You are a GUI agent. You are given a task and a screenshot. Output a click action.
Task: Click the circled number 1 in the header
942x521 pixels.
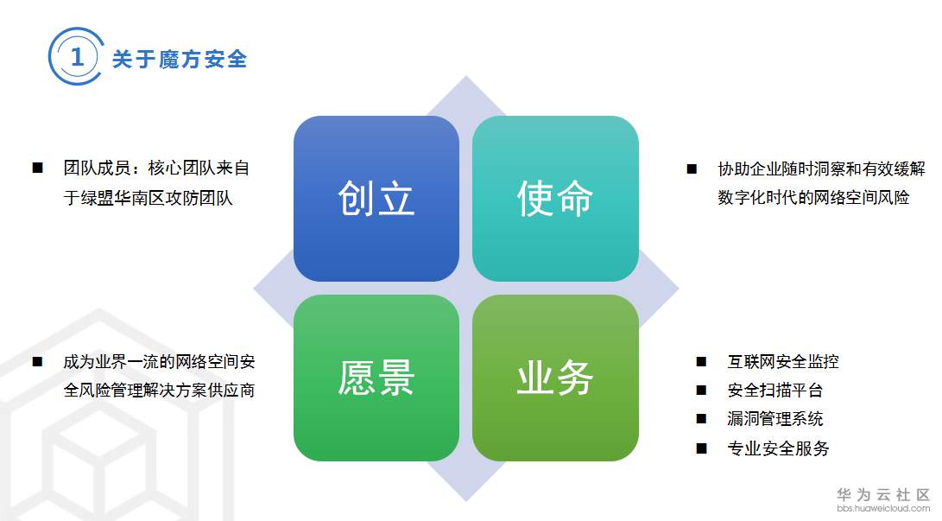(77, 58)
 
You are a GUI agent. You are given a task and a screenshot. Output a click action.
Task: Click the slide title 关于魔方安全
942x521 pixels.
(180, 59)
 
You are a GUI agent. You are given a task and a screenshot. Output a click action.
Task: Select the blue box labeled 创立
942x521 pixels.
(376, 199)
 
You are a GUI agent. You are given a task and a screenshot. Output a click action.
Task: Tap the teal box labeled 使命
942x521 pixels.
(555, 199)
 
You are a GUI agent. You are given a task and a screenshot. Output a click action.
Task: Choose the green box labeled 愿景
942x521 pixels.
(376, 378)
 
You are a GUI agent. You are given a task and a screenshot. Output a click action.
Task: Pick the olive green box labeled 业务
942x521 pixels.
(555, 378)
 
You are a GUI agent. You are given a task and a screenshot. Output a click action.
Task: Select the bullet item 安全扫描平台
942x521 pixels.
(775, 391)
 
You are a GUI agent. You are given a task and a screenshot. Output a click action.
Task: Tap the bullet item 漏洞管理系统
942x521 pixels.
(775, 419)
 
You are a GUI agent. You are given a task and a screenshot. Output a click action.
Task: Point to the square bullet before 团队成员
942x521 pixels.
(37, 168)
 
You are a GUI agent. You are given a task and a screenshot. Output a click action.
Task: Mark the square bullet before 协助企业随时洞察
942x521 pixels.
(692, 169)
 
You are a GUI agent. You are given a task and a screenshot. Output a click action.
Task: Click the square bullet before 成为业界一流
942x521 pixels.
(37, 362)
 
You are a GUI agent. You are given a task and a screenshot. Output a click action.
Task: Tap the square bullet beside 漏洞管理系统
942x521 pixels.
(701, 420)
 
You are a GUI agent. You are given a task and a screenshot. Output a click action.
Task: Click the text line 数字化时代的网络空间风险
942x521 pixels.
(813, 198)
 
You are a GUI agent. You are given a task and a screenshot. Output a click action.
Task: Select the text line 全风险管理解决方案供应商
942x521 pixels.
(159, 391)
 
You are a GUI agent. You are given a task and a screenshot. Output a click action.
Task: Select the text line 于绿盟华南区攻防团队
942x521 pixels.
(149, 198)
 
